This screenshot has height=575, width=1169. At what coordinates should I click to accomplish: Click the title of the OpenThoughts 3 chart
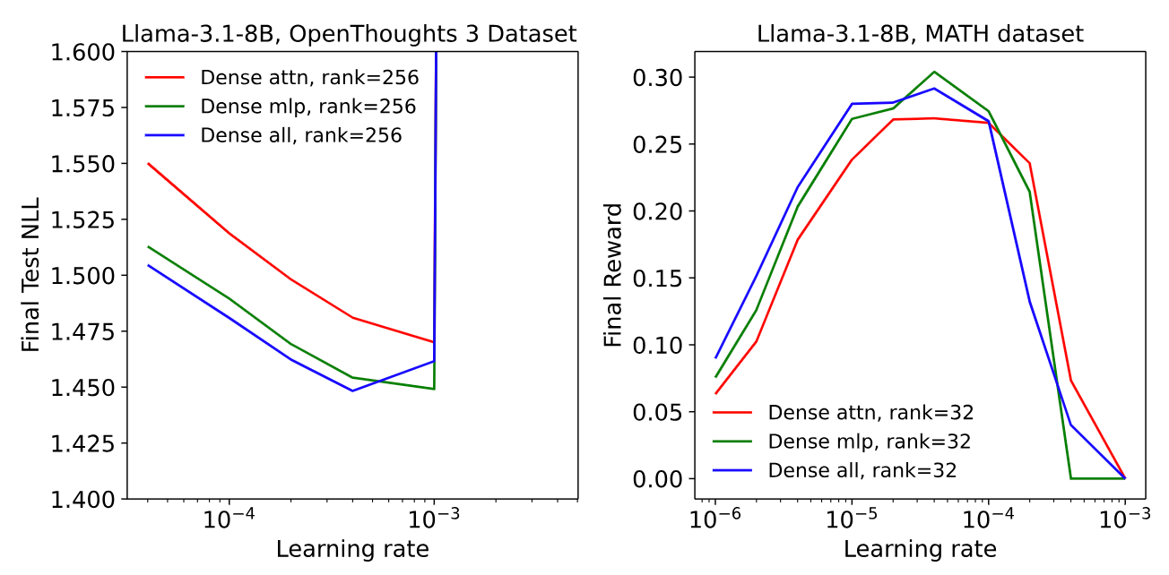351,34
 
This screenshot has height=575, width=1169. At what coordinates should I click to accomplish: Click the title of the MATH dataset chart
921,34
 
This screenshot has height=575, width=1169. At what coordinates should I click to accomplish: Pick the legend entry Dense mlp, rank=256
307,107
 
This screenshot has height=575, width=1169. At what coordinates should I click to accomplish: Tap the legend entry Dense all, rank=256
300,135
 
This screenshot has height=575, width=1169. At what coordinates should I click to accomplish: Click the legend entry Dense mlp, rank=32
869,441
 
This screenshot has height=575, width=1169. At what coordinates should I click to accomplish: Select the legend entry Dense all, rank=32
862,469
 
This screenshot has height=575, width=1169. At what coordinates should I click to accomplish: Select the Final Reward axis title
613,275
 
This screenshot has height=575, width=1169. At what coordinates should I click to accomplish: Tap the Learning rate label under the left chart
352,548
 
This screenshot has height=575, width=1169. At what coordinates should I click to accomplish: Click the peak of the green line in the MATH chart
934,72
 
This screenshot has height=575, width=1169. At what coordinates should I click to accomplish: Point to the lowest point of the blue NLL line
352,390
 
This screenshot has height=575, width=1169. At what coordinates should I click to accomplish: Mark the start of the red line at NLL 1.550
148,163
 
